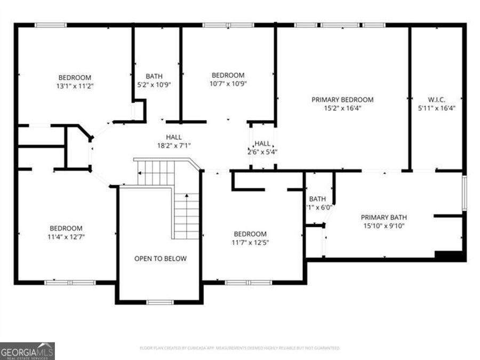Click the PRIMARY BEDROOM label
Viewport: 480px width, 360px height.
click(342, 99)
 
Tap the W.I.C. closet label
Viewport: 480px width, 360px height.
click(436, 99)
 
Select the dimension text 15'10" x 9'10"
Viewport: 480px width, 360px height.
click(384, 226)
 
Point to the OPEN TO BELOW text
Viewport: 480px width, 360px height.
click(160, 259)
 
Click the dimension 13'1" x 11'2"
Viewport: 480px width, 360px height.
click(75, 85)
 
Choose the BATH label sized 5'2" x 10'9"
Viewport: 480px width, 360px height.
click(154, 76)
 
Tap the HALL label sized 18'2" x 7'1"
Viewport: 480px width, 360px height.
click(173, 137)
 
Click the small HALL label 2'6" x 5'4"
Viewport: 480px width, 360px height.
click(262, 143)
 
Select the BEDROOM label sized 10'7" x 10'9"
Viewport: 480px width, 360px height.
click(228, 75)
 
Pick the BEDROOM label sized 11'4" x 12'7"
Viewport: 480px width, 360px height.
click(66, 228)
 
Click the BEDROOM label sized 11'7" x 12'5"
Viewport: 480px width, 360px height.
click(250, 234)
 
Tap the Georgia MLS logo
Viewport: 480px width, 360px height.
click(27, 351)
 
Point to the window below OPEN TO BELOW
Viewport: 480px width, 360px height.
click(160, 302)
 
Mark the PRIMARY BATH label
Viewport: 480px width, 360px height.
click(384, 217)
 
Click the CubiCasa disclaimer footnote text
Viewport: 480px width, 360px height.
click(239, 348)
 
